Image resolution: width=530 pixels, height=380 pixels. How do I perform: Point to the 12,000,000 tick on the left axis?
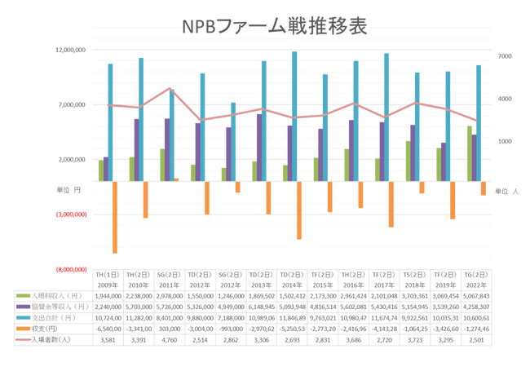(70, 50)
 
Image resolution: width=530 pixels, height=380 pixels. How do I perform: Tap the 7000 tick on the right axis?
(504, 56)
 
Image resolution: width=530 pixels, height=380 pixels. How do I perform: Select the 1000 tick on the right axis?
(504, 142)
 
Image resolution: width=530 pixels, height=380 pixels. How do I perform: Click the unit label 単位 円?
(68, 190)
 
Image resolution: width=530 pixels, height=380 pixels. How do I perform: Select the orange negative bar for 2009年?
(115, 217)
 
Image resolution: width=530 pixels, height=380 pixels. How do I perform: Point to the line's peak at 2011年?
(170, 88)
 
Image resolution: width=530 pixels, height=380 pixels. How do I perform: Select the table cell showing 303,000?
(170, 328)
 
